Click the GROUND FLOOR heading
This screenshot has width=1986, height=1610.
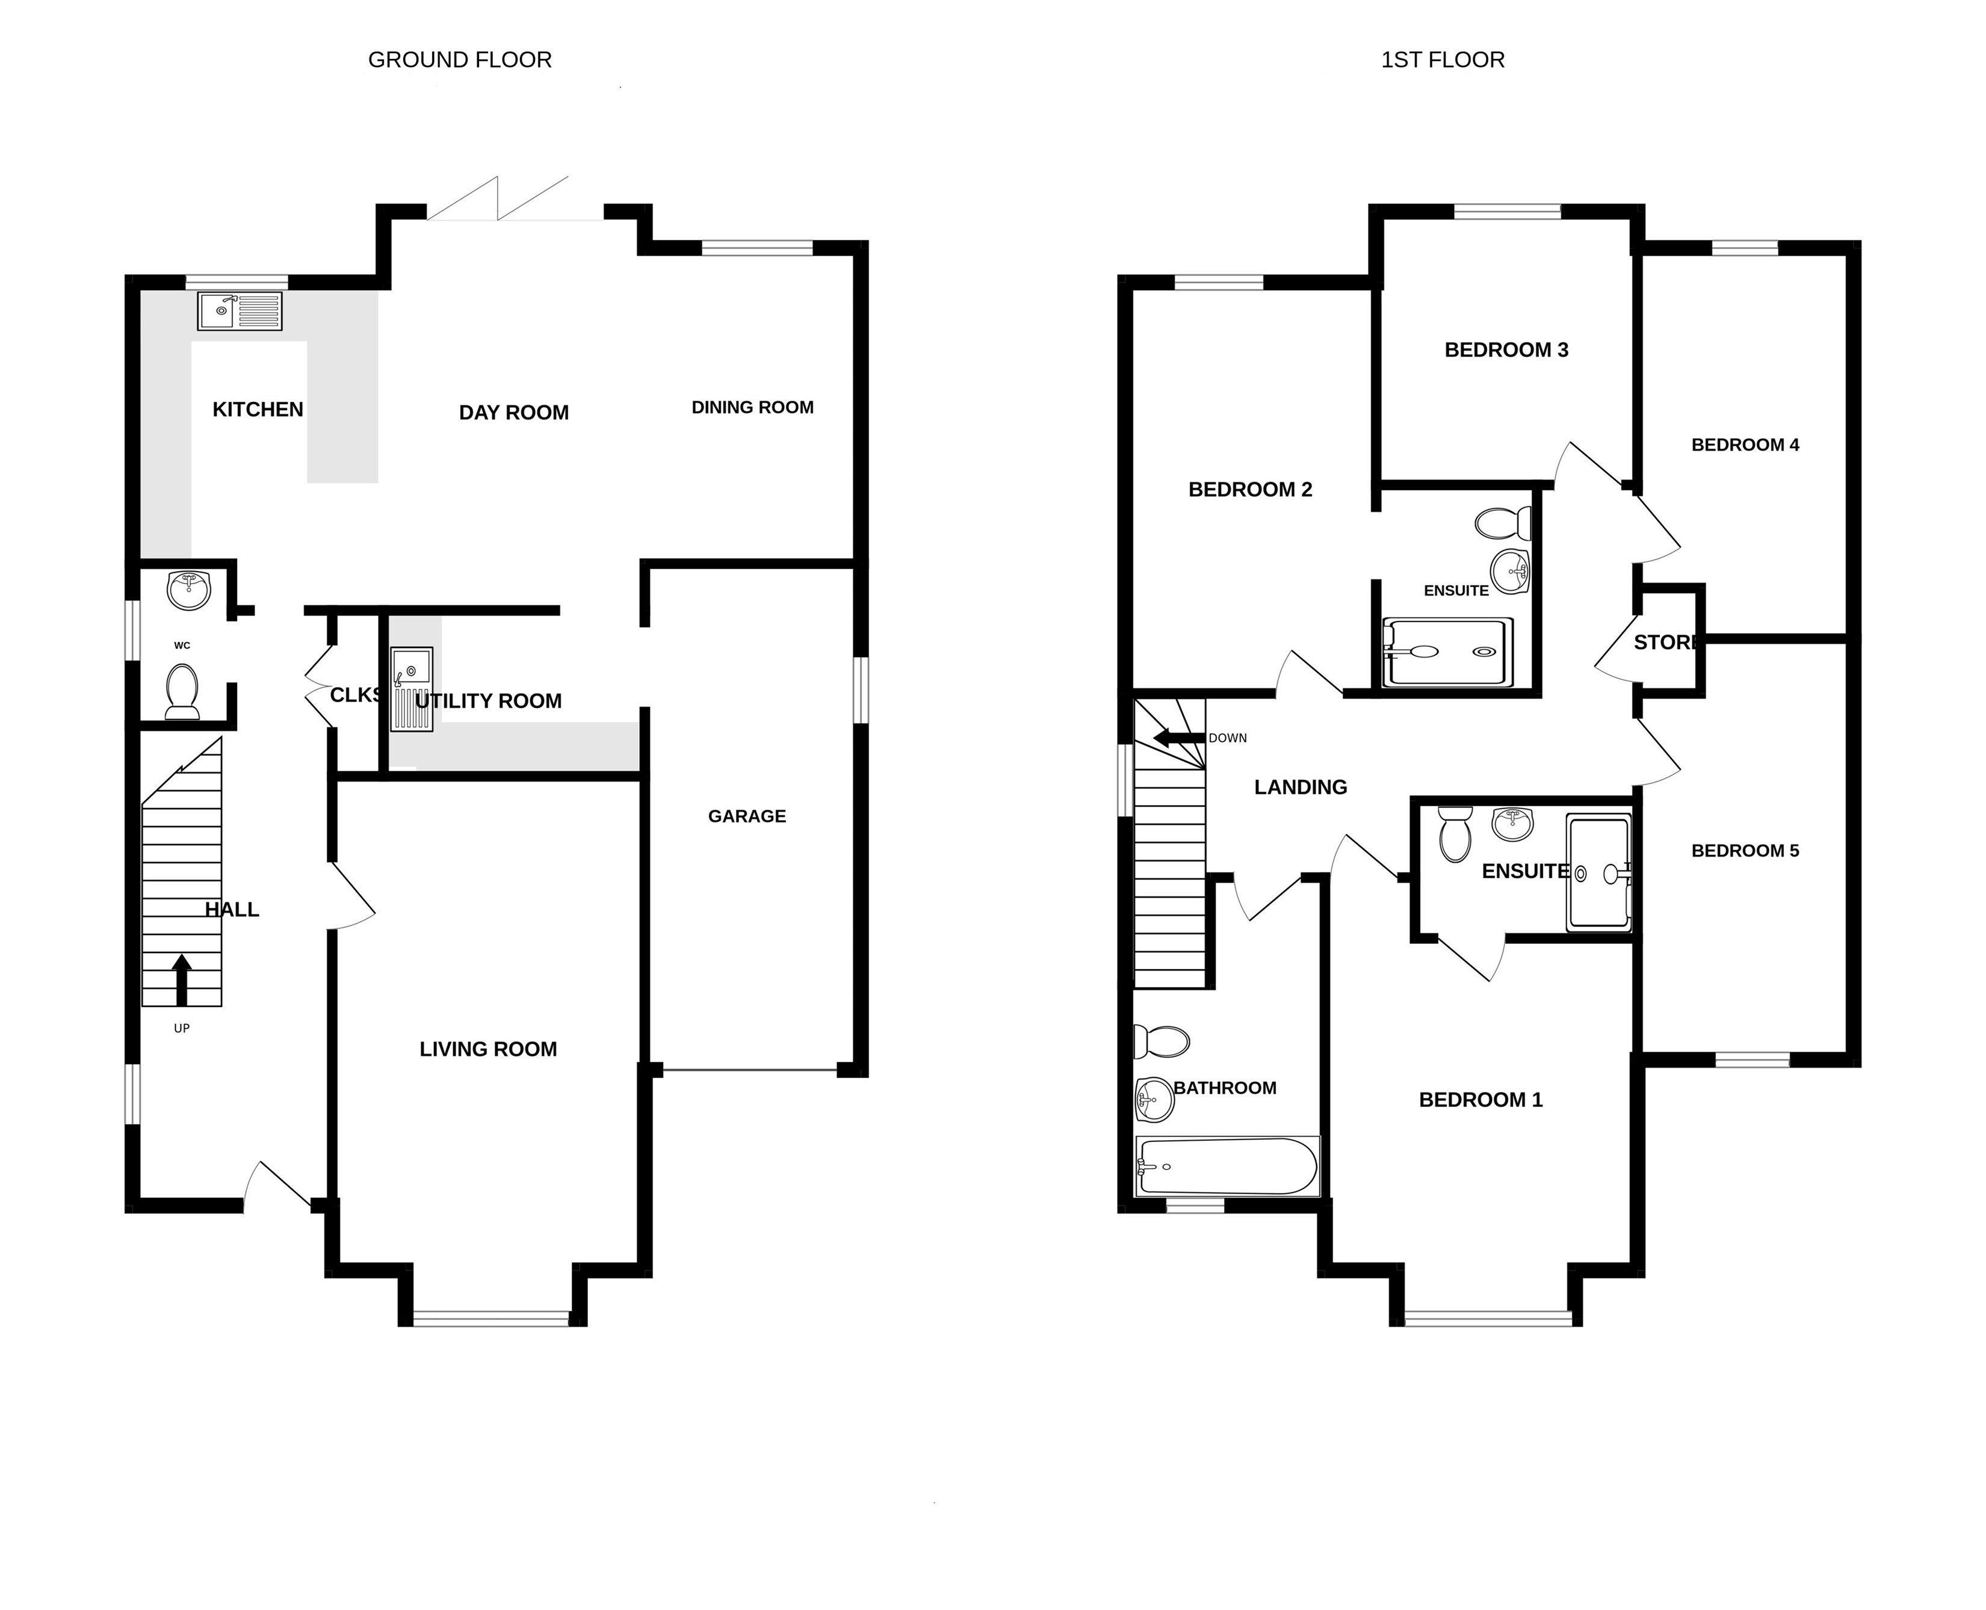pos(460,60)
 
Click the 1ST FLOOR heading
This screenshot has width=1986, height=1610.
pos(1443,60)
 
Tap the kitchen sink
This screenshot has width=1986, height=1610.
pos(240,310)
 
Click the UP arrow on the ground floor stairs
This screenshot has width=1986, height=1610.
pos(182,980)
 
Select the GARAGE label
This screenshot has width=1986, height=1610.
pos(747,816)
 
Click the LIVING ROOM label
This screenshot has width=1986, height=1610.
pos(488,1049)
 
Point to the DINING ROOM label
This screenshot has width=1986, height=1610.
pos(752,407)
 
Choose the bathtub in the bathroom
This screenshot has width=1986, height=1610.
pos(1227,1167)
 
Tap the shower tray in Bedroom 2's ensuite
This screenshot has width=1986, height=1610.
pos(1447,652)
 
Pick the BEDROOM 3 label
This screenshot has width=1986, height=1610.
pos(1506,350)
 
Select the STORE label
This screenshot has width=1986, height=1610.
pos(1666,643)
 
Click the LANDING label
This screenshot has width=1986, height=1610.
pos(1301,788)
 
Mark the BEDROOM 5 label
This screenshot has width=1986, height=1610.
pos(1745,851)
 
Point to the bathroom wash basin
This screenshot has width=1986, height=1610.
pos(1155,1100)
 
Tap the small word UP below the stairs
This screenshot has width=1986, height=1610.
pos(182,1028)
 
